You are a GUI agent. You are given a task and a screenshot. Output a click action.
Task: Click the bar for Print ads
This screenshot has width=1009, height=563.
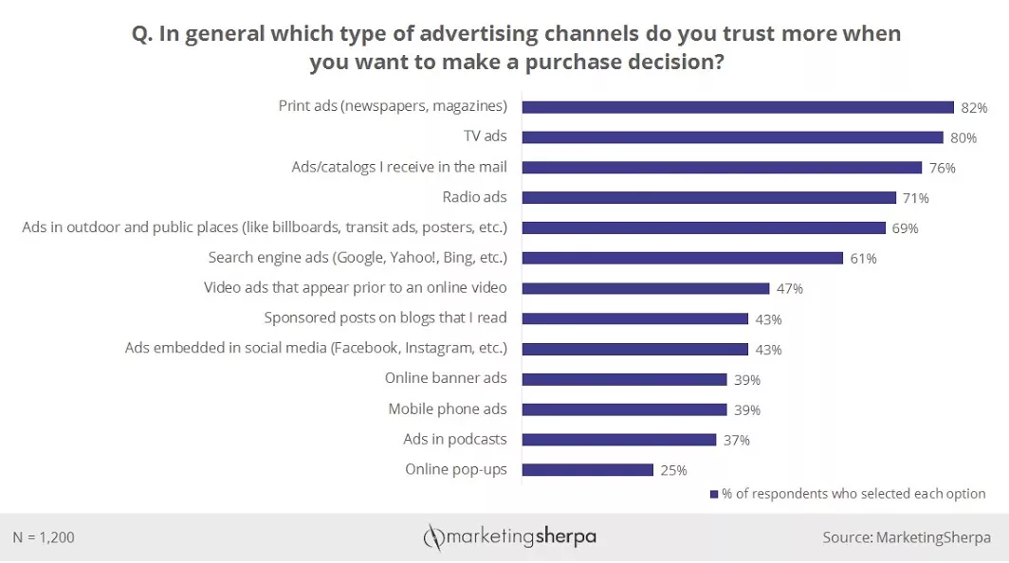pos(738,107)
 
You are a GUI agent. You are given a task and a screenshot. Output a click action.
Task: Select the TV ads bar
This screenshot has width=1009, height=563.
pos(732,137)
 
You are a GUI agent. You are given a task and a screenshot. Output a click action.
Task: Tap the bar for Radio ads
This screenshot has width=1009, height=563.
pos(708,198)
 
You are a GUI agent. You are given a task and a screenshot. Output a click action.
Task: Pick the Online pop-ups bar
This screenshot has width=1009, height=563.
pos(587,470)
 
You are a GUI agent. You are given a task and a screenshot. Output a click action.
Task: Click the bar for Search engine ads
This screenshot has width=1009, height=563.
pos(682,258)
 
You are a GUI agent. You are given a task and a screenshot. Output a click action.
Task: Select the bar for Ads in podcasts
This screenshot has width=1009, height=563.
pos(618,440)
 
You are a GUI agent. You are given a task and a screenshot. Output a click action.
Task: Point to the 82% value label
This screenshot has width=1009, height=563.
pos(974,108)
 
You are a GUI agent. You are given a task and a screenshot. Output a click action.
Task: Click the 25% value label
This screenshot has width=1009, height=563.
pos(673,470)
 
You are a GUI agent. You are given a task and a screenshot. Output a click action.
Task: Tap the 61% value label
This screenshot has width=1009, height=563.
pos(863,259)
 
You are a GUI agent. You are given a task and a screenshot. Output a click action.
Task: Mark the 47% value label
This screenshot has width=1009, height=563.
pos(790,289)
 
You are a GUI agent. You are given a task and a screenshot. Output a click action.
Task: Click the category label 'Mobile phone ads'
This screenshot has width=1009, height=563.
pos(448,409)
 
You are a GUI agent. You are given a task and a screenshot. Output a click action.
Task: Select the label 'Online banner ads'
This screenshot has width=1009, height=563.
pos(446,378)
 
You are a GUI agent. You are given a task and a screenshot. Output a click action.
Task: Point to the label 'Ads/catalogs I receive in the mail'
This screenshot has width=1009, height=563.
pos(399,167)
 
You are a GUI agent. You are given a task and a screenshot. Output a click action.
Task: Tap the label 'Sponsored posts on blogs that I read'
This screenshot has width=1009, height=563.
pos(385,318)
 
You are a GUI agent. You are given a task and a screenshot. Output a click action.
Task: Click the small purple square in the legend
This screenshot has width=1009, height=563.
pos(714,494)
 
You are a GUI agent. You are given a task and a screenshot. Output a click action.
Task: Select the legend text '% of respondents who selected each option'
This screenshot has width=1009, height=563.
pos(853,494)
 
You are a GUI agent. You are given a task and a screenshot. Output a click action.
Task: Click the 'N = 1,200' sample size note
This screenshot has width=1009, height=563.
pos(44,537)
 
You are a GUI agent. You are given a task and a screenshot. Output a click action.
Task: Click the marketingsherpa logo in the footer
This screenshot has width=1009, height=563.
pos(509,537)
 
